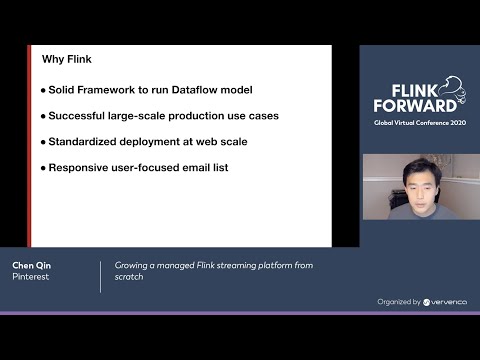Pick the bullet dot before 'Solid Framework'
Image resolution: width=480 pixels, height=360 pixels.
click(x=43, y=90)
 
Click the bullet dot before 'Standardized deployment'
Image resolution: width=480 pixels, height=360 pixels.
click(x=43, y=142)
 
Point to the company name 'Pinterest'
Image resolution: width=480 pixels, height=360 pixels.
click(x=30, y=277)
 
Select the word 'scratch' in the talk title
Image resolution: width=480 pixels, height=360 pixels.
click(x=129, y=277)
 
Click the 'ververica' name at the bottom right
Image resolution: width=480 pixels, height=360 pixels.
click(x=445, y=301)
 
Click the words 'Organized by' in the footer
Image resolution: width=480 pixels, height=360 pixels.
click(x=399, y=301)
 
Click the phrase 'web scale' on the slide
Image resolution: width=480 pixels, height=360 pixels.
click(x=223, y=141)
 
